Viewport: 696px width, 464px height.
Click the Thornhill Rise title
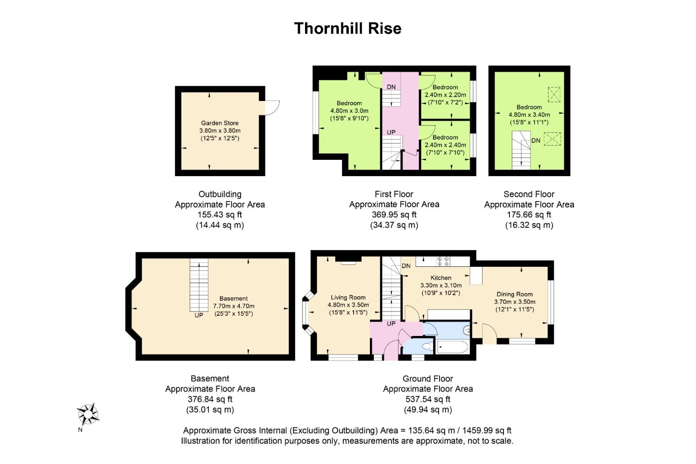tap(348, 28)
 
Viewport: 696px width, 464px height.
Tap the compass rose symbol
tap(88, 414)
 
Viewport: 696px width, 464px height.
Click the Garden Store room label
tap(220, 123)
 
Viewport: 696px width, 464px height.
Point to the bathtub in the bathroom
tap(452, 347)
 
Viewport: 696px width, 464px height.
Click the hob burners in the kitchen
tap(443, 261)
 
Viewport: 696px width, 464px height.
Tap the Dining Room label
tap(515, 294)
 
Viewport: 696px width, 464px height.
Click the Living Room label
tap(348, 297)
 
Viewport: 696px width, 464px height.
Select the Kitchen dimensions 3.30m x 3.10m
tap(441, 285)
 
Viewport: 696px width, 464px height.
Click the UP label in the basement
tap(199, 315)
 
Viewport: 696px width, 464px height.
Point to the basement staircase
tap(199, 285)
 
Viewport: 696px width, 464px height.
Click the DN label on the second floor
tap(536, 140)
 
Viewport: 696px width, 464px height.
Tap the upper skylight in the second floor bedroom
tap(554, 95)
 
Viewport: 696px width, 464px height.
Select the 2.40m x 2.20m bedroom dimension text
tap(445, 95)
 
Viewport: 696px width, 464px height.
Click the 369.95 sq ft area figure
tap(394, 215)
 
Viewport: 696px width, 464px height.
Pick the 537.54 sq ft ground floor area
tap(428, 399)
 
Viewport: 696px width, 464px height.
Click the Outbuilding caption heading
tap(220, 194)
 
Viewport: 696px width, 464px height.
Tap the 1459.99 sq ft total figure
tap(487, 430)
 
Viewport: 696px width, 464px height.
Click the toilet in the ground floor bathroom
tap(427, 346)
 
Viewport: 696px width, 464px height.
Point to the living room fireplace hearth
tap(348, 263)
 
